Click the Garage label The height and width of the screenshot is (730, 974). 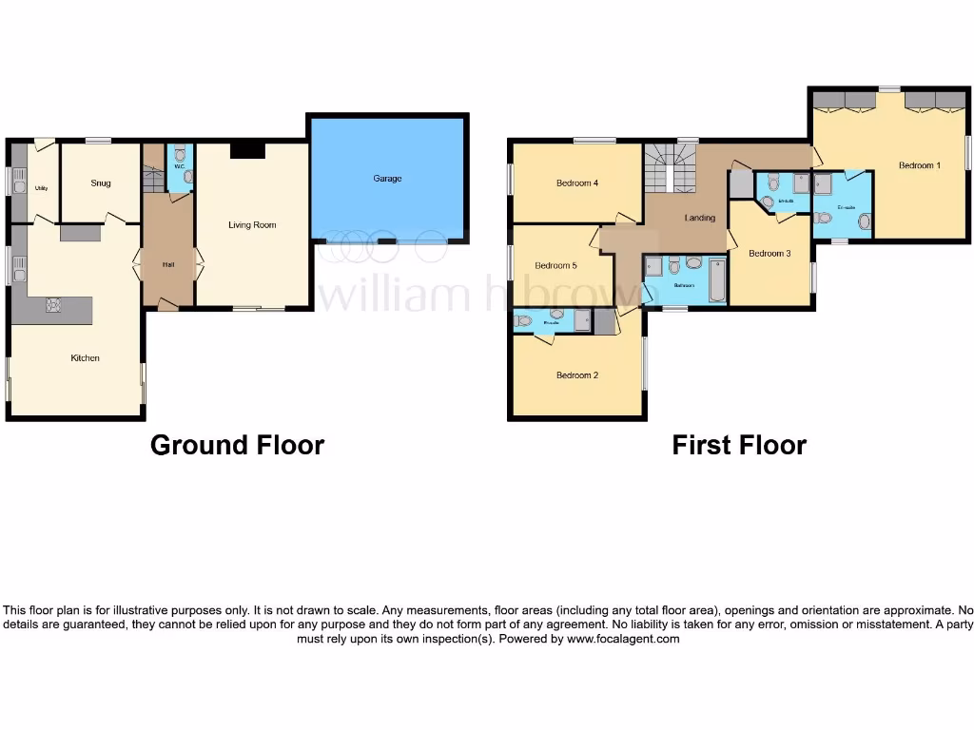[x=387, y=179]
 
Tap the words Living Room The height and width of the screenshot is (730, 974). [x=252, y=225]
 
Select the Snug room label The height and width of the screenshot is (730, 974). [x=101, y=183]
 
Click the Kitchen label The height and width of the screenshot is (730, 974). [x=85, y=358]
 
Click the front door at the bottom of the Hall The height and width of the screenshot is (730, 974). [x=167, y=305]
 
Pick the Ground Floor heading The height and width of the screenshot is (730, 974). [x=237, y=445]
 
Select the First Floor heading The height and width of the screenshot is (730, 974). [x=739, y=445]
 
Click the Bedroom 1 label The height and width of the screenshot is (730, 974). [x=919, y=165]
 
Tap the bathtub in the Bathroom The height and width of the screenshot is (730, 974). [x=716, y=280]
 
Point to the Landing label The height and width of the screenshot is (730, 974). [x=700, y=219]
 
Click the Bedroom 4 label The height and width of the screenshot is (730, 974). [x=576, y=183]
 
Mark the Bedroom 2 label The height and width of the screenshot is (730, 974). [x=576, y=375]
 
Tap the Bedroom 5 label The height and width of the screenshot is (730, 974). [x=555, y=265]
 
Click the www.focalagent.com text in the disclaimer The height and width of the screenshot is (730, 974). [x=623, y=640]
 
